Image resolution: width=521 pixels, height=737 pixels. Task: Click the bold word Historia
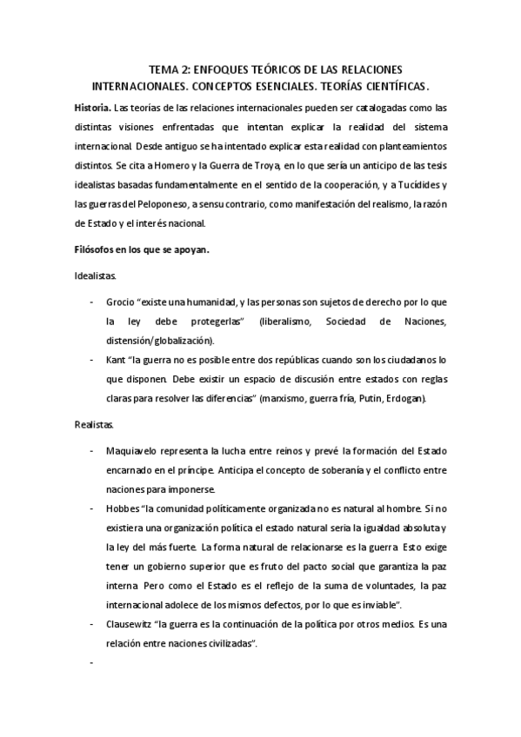(x=92, y=108)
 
